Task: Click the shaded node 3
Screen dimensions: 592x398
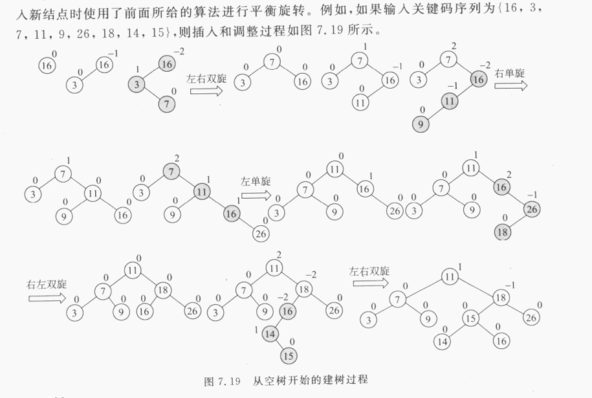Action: click(x=137, y=85)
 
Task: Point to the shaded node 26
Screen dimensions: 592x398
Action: click(x=532, y=210)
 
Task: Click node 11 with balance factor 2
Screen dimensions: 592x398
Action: click(x=276, y=268)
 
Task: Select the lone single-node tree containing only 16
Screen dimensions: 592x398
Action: click(x=45, y=65)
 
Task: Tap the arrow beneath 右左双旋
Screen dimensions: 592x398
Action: click(x=47, y=298)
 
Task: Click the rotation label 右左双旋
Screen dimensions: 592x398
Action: click(x=47, y=283)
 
